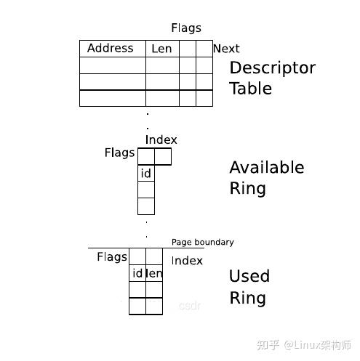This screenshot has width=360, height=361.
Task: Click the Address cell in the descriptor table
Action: [113, 49]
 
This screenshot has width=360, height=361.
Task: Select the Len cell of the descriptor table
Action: [162, 49]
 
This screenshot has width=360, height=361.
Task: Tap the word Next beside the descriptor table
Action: [226, 49]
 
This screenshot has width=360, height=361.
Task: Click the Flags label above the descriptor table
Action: [186, 28]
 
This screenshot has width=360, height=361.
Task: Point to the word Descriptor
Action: [273, 68]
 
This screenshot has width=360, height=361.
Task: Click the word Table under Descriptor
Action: [251, 89]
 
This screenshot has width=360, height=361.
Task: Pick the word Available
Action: [267, 167]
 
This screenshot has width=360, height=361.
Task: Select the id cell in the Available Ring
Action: [146, 173]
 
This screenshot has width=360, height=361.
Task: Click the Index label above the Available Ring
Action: [161, 139]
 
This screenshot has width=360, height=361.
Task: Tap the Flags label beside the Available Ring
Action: [119, 153]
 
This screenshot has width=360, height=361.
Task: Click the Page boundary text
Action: [203, 242]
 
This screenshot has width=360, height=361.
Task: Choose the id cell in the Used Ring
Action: [137, 273]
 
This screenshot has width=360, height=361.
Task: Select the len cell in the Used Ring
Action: [154, 273]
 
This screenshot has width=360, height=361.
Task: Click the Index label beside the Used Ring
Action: [187, 261]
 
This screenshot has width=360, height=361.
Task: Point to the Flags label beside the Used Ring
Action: [112, 257]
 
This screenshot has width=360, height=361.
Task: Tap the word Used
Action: [249, 276]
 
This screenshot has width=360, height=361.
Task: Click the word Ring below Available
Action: [247, 189]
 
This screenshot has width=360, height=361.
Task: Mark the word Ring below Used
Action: [247, 298]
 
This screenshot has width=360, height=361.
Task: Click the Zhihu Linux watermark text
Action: [304, 345]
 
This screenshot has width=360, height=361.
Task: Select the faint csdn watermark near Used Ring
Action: [190, 306]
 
